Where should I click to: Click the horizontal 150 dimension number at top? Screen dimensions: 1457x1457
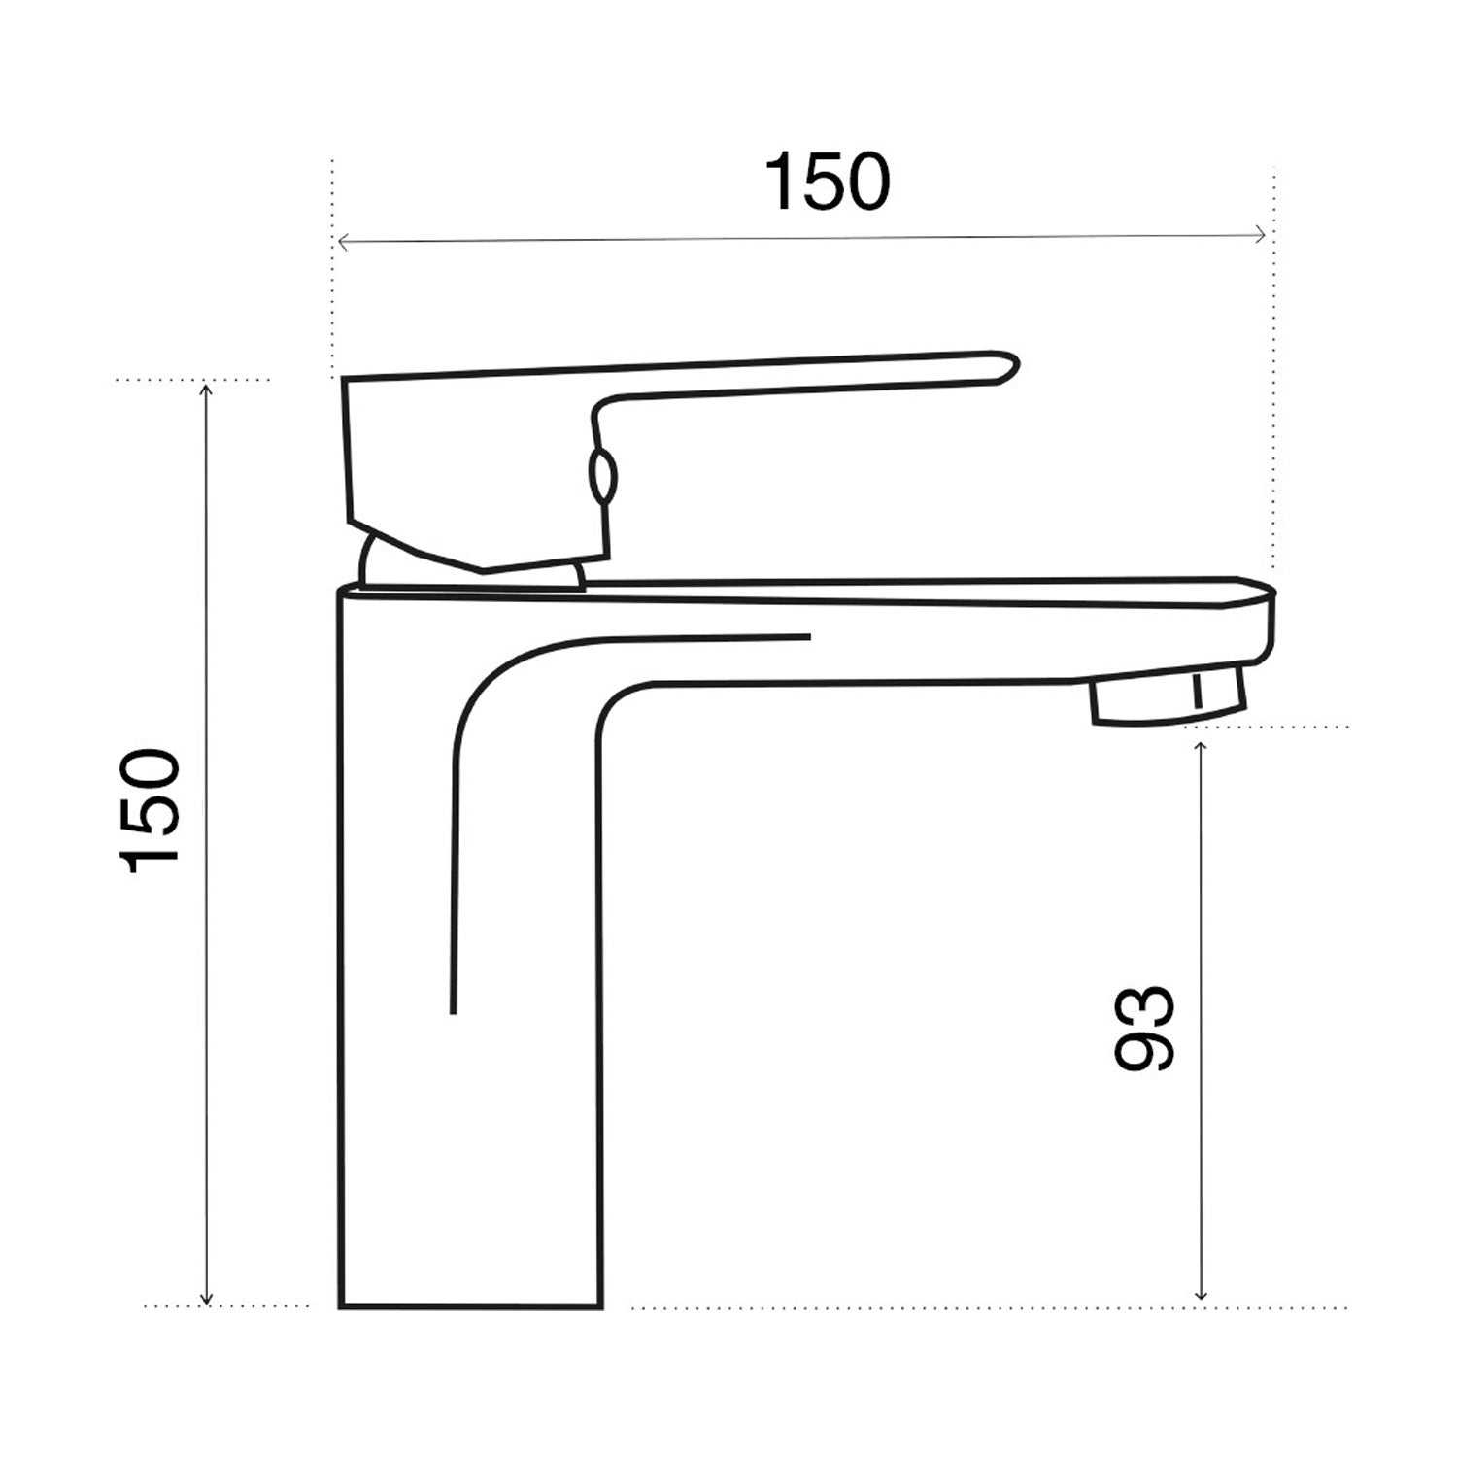[x=827, y=182]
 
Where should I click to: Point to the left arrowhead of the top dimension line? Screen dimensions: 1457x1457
[x=339, y=239]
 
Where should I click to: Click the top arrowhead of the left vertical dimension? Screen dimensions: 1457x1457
[x=205, y=389]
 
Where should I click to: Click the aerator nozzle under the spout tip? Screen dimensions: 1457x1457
[x=1166, y=701]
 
